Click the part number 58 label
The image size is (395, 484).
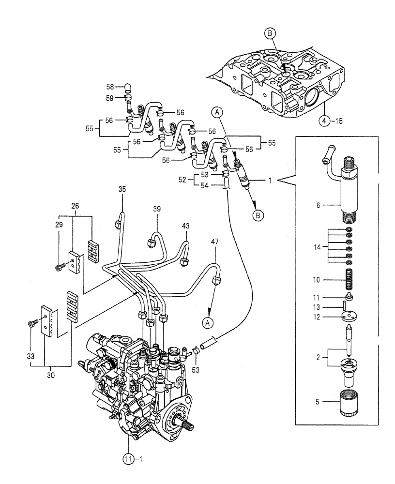[x=109, y=87]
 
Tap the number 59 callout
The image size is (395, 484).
[x=109, y=98]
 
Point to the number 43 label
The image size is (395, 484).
[x=186, y=226]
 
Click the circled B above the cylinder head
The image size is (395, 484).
[x=270, y=33]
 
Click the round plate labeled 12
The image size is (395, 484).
[x=349, y=317]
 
